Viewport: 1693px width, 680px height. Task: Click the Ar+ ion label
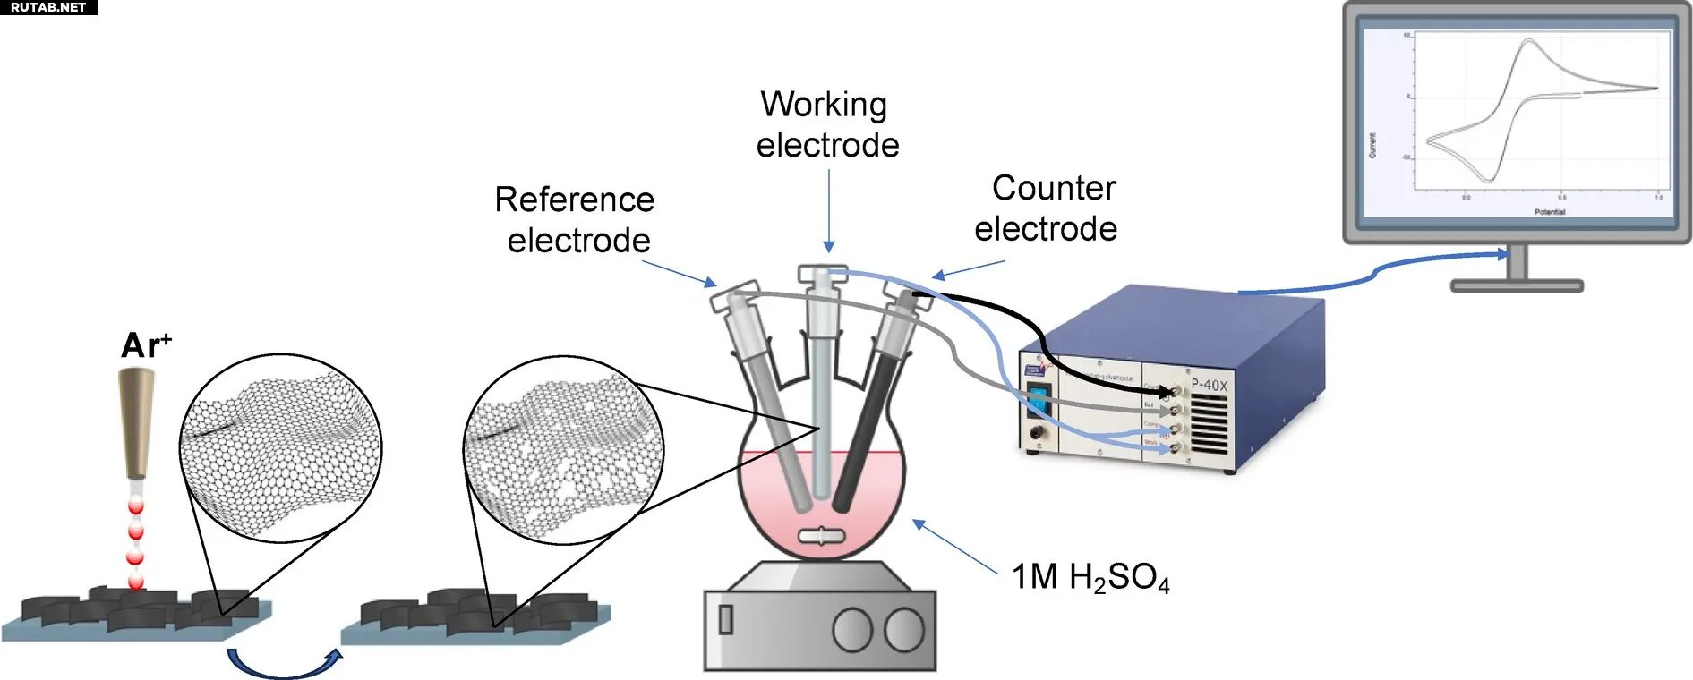click(145, 344)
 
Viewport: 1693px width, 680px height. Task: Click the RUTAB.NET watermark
click(48, 7)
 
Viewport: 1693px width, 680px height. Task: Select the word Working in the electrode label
click(824, 105)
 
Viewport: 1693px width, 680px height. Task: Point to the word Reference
click(574, 200)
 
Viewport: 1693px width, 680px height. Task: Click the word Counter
click(1054, 188)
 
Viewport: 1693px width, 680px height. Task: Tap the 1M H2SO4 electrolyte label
click(1090, 577)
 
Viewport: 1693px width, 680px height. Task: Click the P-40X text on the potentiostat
click(1209, 385)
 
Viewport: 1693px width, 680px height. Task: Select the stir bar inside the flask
click(821, 537)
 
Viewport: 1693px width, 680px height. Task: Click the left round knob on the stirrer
click(851, 630)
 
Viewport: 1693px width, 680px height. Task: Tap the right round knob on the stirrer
click(904, 630)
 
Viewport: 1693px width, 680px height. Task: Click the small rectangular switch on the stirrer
click(726, 619)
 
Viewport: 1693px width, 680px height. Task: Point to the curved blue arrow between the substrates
click(285, 666)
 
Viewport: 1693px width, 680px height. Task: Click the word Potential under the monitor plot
click(1550, 212)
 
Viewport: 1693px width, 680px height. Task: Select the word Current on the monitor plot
click(1372, 145)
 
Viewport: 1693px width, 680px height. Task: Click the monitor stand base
click(1517, 286)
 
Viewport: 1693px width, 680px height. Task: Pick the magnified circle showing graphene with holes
click(563, 449)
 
